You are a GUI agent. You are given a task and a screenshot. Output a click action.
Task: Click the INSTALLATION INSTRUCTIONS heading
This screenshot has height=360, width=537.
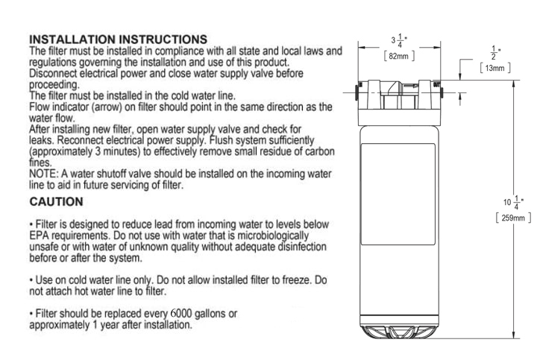click(x=118, y=39)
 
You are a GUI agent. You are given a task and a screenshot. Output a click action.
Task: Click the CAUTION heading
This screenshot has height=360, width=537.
click(x=56, y=201)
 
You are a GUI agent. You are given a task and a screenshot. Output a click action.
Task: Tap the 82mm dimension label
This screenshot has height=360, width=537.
click(x=399, y=56)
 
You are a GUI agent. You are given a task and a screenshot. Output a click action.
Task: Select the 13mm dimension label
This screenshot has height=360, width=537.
click(x=495, y=68)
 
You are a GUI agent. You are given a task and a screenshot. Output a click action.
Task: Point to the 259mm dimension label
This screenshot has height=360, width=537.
click(x=513, y=218)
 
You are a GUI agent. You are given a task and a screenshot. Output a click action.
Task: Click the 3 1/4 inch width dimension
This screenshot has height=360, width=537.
click(x=399, y=41)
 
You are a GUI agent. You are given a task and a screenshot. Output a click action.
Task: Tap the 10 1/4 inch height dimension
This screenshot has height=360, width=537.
click(x=513, y=202)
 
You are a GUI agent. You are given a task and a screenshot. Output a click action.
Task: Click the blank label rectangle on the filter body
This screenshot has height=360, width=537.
click(x=398, y=194)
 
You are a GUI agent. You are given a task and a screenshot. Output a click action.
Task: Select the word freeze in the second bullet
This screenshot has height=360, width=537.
click(x=297, y=280)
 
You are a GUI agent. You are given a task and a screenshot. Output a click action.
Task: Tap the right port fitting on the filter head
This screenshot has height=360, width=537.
click(x=442, y=92)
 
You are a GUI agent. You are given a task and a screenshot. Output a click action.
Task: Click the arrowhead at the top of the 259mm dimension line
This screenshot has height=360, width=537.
click(x=513, y=83)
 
